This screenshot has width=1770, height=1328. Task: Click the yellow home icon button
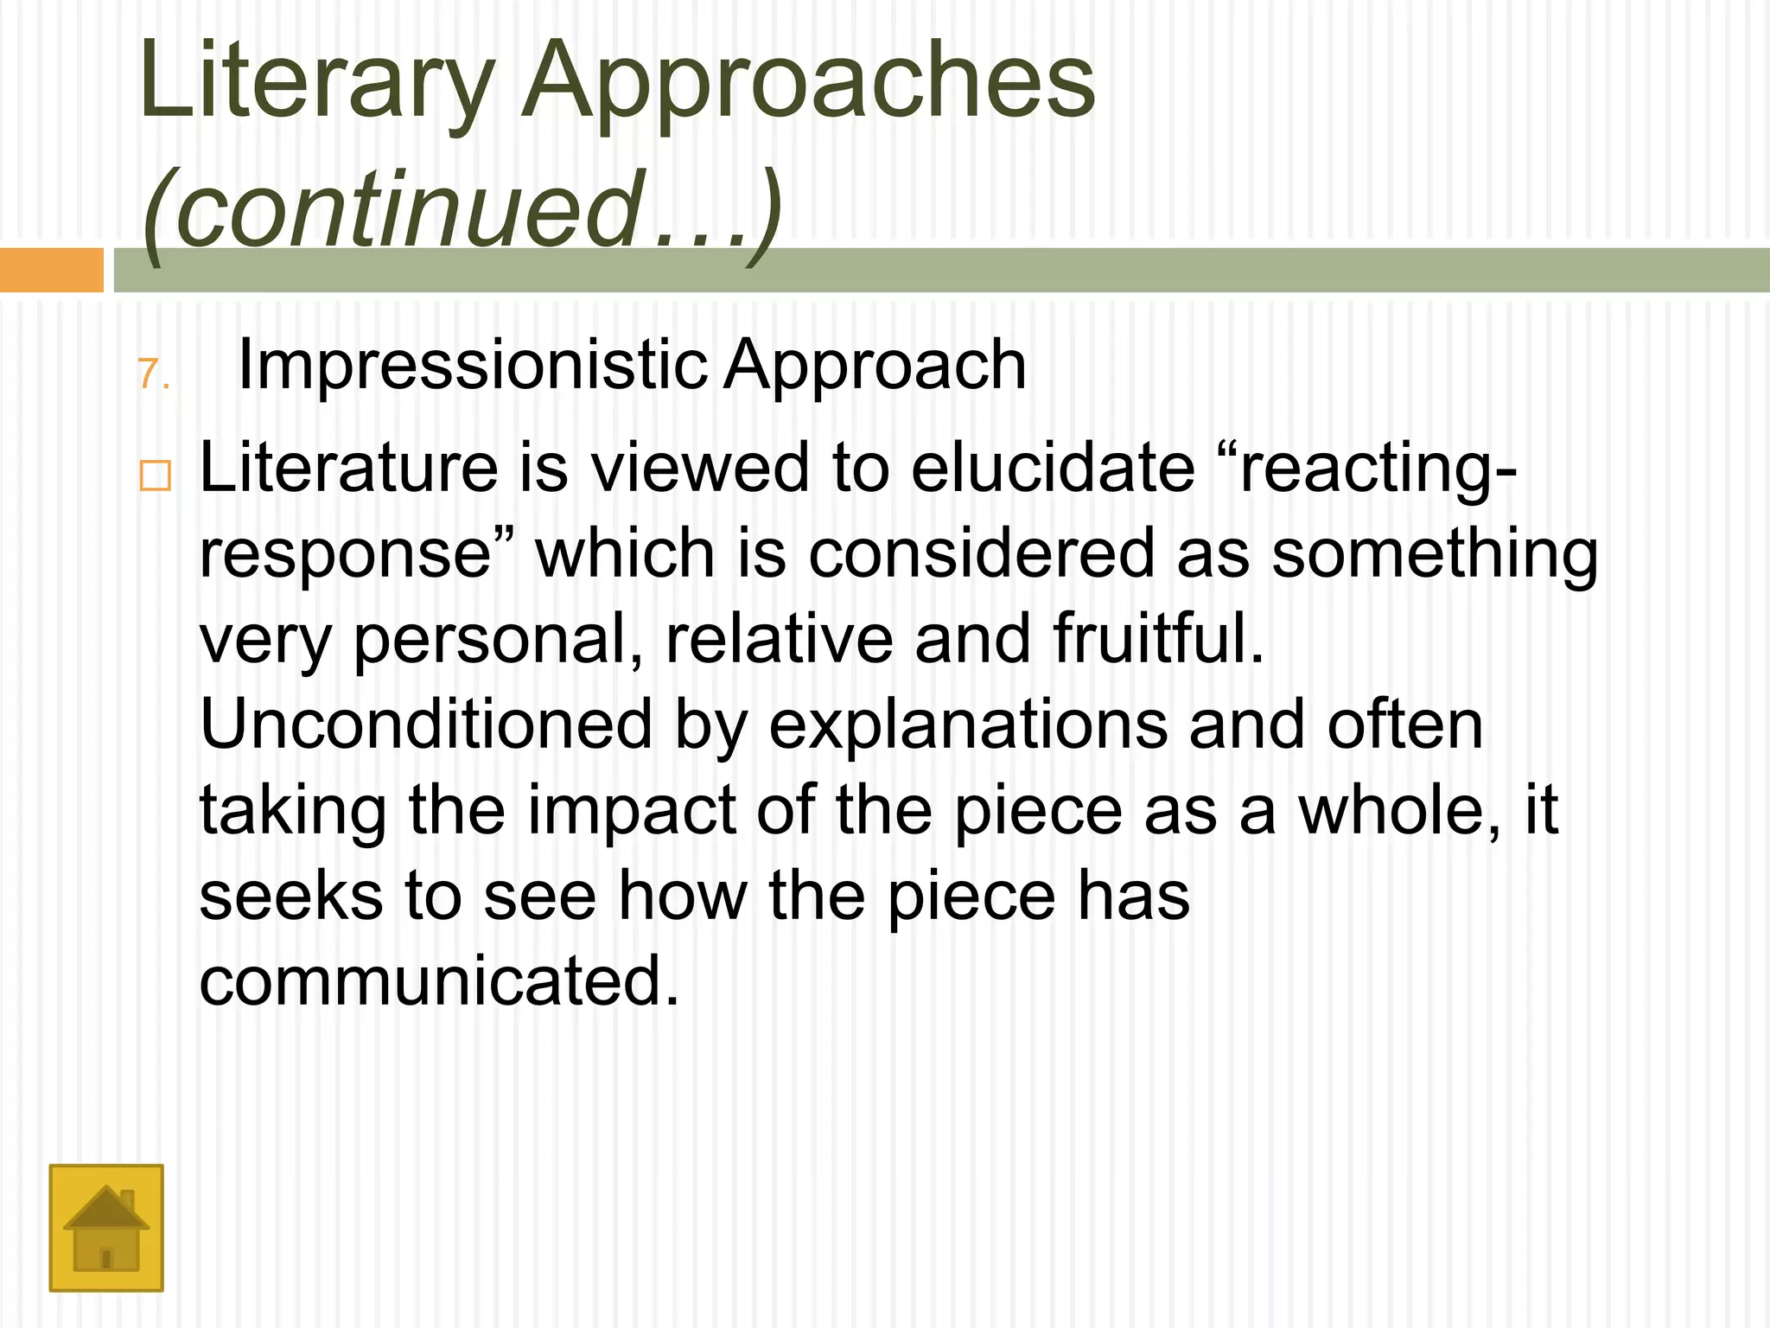(106, 1228)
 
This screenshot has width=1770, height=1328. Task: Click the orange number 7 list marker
(152, 375)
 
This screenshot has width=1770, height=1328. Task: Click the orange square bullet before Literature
(156, 476)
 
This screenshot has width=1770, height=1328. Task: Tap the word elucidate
(1053, 468)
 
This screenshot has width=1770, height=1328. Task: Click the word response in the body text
(346, 555)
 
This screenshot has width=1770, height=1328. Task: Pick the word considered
(981, 553)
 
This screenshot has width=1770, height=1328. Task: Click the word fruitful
(1158, 638)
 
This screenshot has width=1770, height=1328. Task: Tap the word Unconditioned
(426, 725)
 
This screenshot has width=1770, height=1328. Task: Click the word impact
(632, 811)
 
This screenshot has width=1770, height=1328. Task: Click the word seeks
(291, 896)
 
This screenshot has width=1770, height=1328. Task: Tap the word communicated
(439, 981)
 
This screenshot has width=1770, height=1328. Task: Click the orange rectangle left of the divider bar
(52, 271)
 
